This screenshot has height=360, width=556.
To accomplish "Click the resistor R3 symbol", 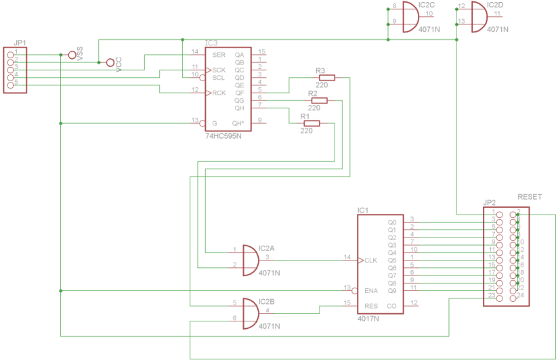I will (324, 78).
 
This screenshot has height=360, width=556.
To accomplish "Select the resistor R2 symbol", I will (317, 101).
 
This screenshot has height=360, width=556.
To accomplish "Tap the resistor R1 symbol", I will (311, 123).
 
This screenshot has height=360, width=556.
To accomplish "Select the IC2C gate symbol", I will (410, 17).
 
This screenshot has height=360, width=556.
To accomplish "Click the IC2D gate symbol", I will (478, 17).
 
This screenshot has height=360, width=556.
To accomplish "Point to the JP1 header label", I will (20, 43).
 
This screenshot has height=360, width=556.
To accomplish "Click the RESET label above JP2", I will (529, 196).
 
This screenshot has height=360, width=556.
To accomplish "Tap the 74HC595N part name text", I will (223, 135).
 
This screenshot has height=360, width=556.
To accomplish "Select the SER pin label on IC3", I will (219, 54).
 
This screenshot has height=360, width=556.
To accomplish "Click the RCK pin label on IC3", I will (219, 93).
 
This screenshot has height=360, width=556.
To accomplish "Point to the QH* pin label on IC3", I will (238, 123).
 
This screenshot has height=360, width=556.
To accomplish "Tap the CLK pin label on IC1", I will (370, 261).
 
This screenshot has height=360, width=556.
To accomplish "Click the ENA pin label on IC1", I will (371, 291).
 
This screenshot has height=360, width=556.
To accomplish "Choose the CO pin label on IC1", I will (391, 306).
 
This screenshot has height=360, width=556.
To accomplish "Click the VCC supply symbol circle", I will (110, 62).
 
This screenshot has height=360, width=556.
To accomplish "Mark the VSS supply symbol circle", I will (72, 55).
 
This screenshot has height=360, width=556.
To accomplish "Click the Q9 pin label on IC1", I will (391, 291).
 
